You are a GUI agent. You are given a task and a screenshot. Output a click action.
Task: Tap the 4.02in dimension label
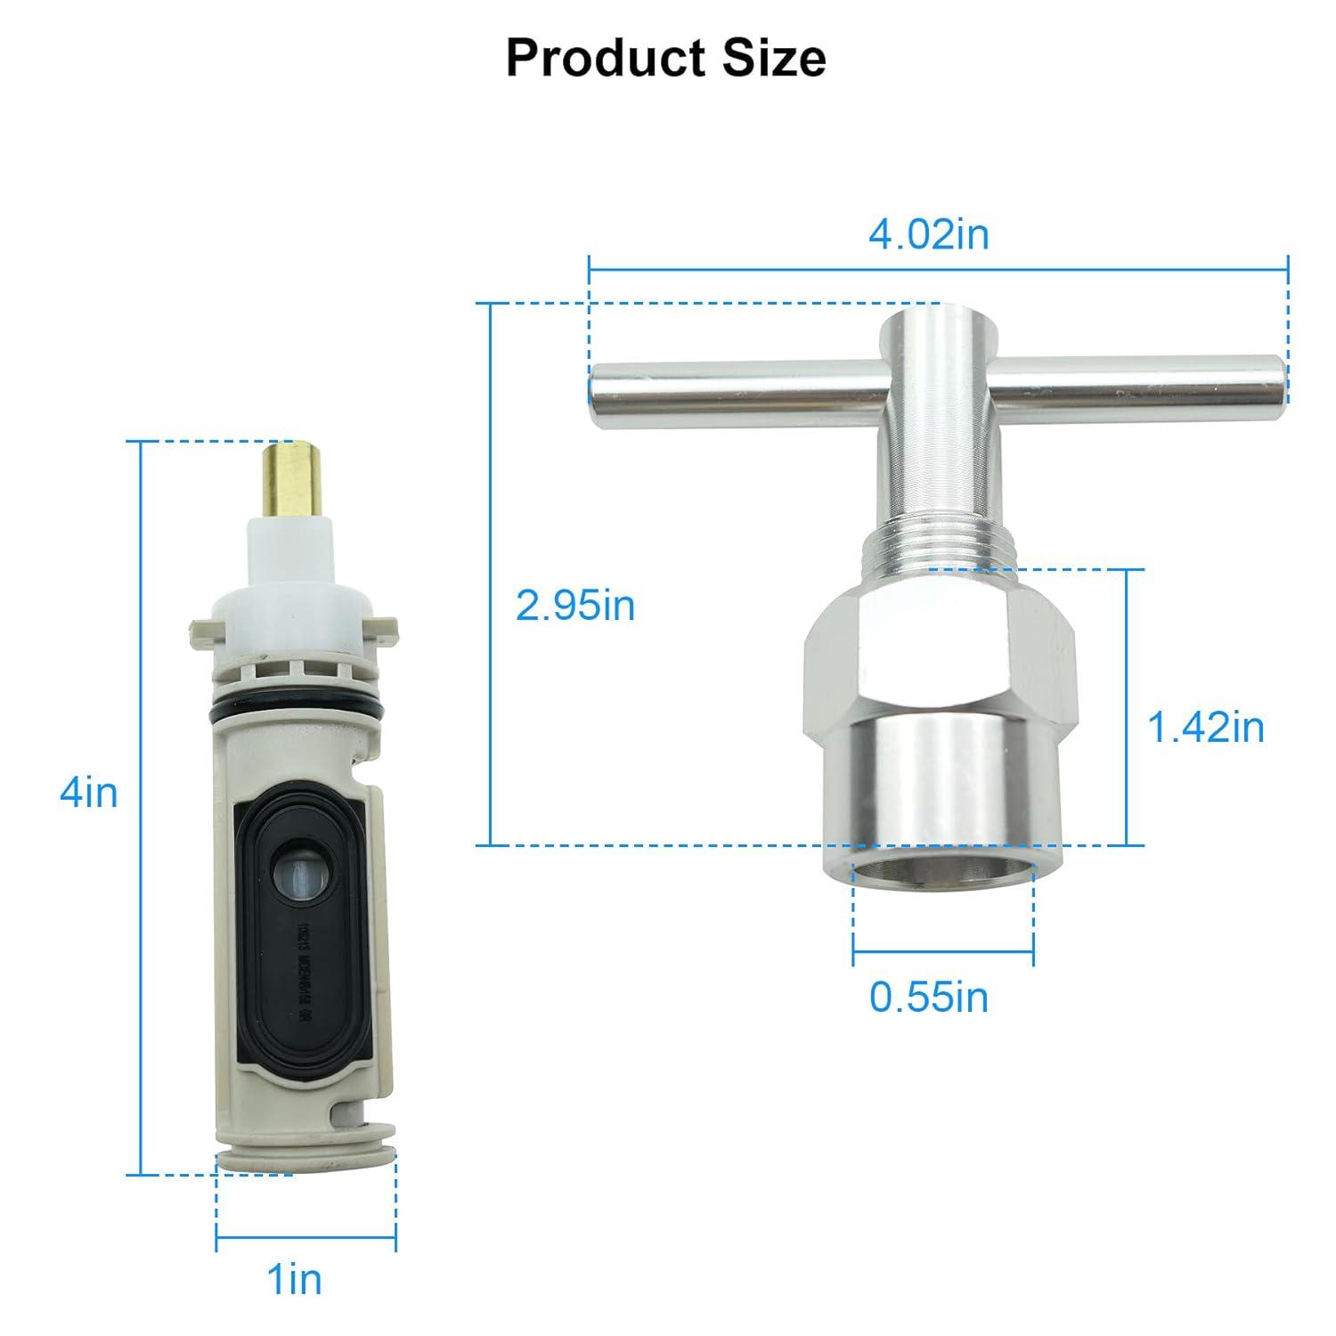[928, 235]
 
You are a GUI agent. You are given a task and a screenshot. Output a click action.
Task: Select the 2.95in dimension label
[575, 607]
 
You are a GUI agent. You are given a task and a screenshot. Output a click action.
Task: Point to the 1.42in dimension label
[1205, 728]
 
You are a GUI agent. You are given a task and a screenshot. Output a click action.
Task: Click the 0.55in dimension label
[929, 998]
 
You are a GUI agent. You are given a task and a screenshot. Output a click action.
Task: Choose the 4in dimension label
[88, 792]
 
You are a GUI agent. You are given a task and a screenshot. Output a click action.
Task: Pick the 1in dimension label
[295, 1280]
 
